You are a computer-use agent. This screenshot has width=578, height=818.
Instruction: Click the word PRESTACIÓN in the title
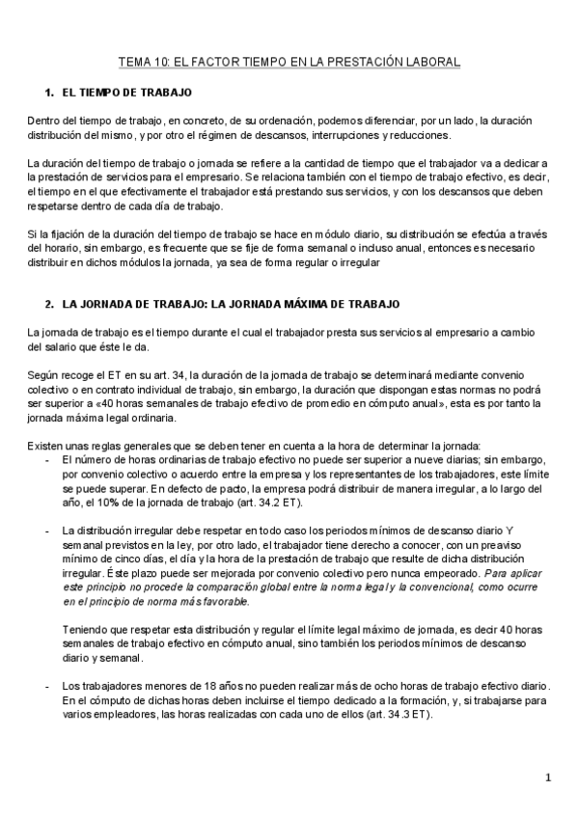[364, 61]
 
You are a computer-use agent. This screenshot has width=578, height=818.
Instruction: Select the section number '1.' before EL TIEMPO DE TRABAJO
[49, 93]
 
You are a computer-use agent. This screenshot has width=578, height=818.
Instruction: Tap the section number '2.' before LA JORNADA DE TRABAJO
[49, 304]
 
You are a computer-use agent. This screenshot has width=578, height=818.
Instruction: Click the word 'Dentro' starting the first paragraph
[43, 120]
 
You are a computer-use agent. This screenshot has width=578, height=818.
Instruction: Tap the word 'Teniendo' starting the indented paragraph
[84, 604]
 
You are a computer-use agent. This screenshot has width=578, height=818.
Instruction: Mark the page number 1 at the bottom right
[547, 777]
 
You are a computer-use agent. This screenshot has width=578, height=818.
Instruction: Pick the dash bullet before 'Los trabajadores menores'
[48, 684]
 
